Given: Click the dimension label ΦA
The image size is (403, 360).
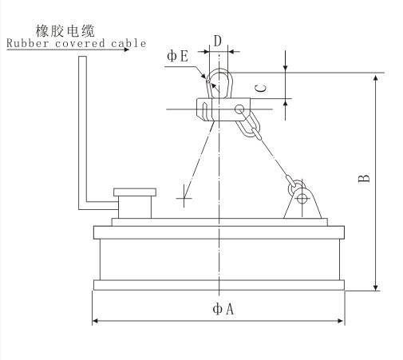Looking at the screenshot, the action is click(x=223, y=309).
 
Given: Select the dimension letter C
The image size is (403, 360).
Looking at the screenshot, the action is click(x=262, y=88).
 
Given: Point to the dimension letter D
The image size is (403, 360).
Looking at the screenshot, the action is click(x=218, y=42).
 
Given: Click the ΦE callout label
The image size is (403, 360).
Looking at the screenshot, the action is click(x=178, y=56).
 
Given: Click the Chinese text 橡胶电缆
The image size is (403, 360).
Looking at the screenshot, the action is click(x=65, y=31).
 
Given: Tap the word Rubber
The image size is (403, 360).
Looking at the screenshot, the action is click(x=27, y=43).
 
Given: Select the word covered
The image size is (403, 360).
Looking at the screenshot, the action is click(x=80, y=43).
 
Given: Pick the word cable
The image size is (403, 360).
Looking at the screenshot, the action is click(x=128, y=43).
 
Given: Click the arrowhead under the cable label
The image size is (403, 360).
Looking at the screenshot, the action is click(x=126, y=49).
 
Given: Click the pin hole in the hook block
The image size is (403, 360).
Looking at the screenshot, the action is click(x=239, y=109).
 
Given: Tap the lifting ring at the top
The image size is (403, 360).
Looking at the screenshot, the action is click(x=219, y=83).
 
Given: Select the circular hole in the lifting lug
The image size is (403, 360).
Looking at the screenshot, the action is click(x=302, y=198).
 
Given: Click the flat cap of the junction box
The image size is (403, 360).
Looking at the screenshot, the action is click(x=135, y=192).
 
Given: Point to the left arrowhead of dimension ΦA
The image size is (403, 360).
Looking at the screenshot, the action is click(x=95, y=321).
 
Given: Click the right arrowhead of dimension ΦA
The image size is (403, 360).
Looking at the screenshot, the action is click(x=341, y=321).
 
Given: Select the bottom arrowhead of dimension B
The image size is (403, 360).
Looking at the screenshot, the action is click(x=375, y=287).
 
